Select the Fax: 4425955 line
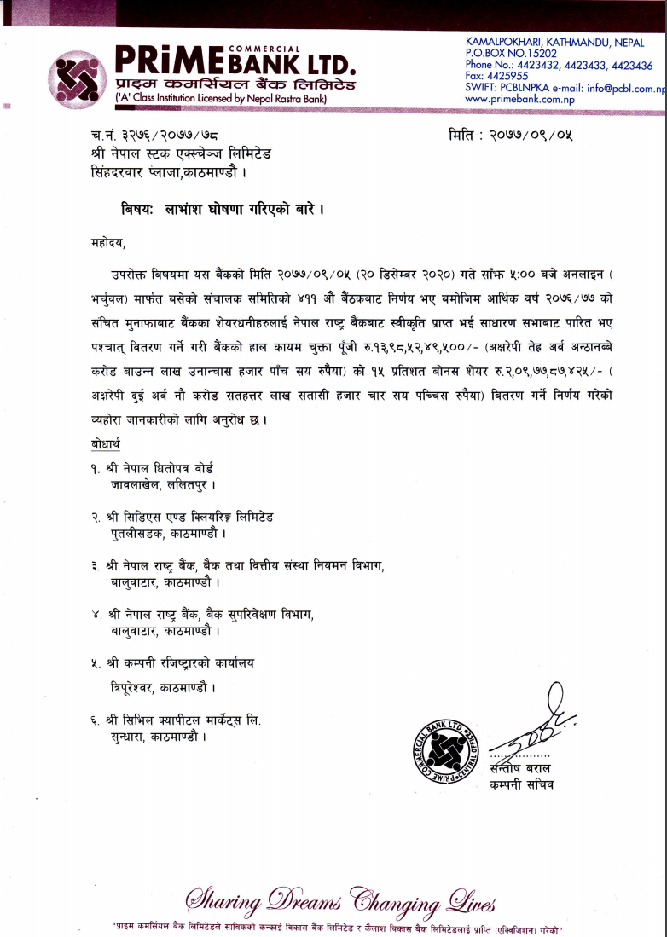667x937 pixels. [497, 76]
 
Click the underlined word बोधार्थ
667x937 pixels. [106, 444]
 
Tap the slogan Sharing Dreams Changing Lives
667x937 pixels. [340, 901]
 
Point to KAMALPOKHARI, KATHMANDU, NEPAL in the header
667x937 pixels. [555, 42]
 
